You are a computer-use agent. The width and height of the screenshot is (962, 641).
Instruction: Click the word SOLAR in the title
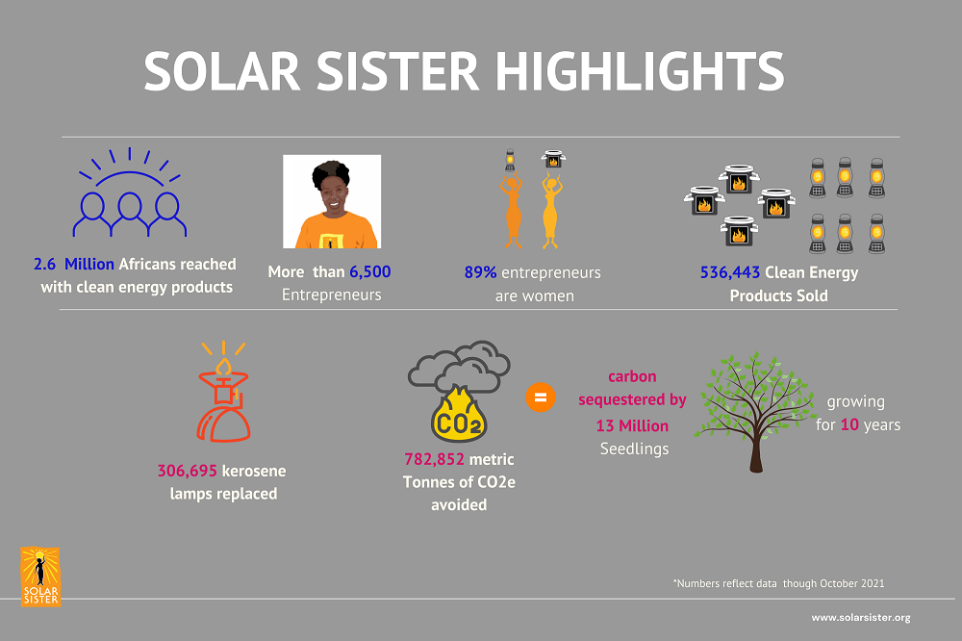[x=222, y=71]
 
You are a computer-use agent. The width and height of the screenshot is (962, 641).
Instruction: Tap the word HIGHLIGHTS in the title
[x=640, y=71]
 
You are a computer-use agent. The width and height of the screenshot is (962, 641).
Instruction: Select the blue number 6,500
[x=370, y=271]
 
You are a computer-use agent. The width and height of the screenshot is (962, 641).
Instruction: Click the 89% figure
[x=480, y=272]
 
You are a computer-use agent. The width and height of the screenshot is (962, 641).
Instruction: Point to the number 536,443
[x=730, y=272]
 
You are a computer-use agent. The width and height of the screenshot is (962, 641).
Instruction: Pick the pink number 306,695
[x=188, y=471]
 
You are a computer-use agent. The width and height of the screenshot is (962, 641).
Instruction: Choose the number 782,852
[x=435, y=459]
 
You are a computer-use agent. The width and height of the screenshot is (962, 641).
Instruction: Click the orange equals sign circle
[x=541, y=397]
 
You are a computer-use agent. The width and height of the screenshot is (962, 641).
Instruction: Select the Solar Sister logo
[x=40, y=577]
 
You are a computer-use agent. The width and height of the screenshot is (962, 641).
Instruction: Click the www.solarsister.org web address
[x=861, y=618]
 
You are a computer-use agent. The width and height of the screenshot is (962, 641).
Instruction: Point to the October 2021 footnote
[x=778, y=583]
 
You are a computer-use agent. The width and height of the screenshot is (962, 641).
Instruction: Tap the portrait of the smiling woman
[x=332, y=201]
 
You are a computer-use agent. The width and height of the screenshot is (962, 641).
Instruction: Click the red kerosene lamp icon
[x=223, y=393]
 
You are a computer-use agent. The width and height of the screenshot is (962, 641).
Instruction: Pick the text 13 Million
[x=633, y=425]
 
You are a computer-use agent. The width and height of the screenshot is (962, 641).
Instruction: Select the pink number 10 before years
[x=849, y=424]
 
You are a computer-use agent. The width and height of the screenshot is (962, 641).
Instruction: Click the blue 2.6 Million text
[x=74, y=264]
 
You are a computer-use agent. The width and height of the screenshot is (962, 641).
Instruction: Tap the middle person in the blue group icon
[x=130, y=213]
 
